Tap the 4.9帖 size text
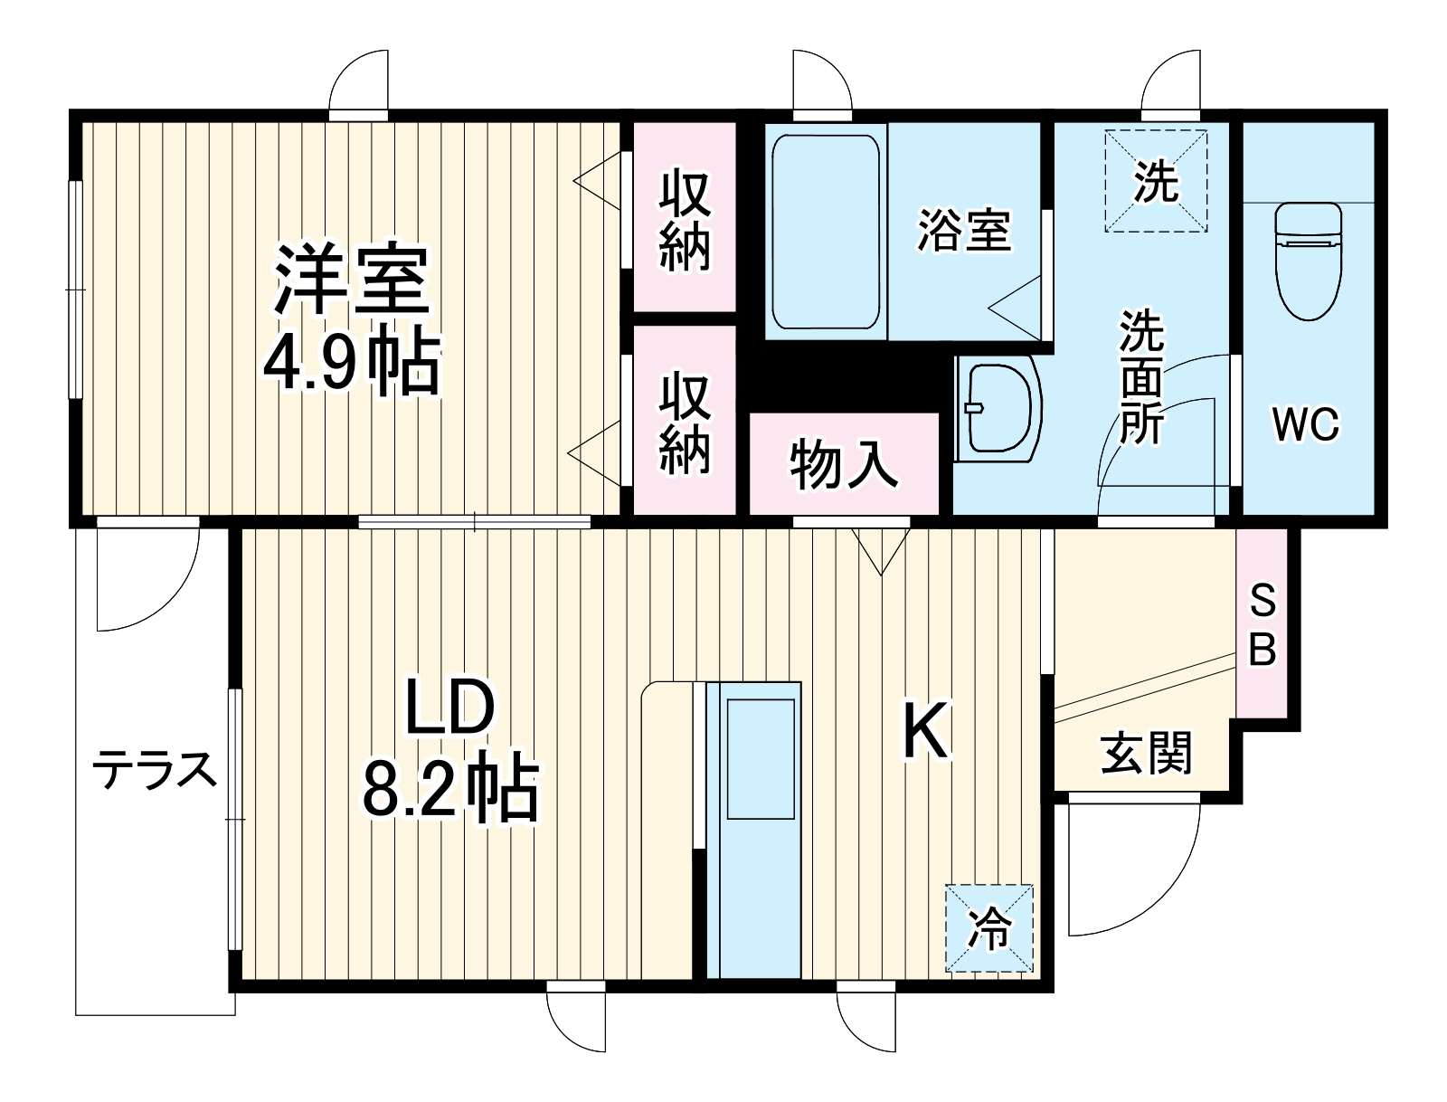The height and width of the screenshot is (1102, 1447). point(351,362)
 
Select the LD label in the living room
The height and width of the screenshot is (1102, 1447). point(449,708)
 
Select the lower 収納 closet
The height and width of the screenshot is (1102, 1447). point(684,423)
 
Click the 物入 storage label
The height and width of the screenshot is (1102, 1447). point(843,465)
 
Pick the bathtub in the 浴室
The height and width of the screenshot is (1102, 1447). point(825,232)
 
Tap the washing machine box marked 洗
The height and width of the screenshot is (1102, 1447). point(1157,181)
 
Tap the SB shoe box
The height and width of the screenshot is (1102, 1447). point(1262,624)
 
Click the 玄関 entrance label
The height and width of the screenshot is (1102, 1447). point(1146,754)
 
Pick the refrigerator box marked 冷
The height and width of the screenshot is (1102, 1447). point(989,928)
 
